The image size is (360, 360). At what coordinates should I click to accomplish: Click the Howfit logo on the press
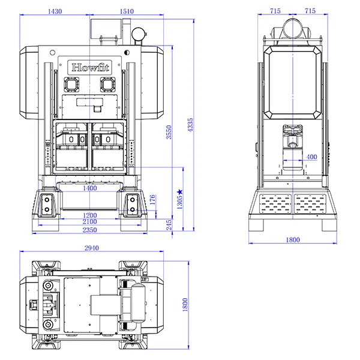[x=90, y=67]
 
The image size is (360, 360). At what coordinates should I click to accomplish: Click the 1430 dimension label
[x=55, y=11]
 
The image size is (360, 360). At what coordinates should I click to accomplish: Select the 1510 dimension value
[x=127, y=11]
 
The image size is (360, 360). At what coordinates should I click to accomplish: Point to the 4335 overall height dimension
[x=190, y=125]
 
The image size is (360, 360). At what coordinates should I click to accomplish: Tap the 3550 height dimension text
[x=169, y=132]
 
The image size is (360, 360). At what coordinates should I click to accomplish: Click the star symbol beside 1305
[x=180, y=191]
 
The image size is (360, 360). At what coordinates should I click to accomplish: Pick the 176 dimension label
[x=152, y=200]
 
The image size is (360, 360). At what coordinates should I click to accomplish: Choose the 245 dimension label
[x=169, y=225]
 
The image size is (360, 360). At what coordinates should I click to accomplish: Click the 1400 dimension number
[x=90, y=188]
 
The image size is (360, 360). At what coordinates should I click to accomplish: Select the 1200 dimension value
[x=90, y=215]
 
